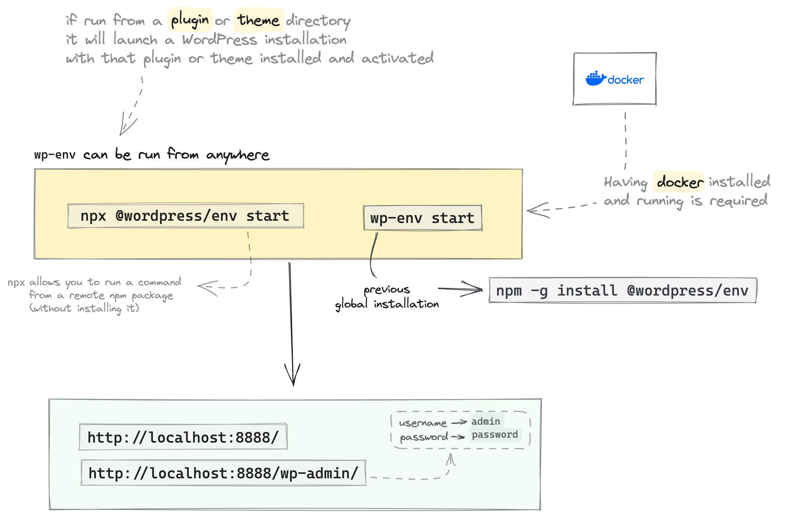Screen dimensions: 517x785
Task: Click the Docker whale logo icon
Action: [596, 79]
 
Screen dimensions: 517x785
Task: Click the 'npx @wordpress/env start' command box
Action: [185, 216]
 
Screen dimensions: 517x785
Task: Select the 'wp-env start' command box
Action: [422, 218]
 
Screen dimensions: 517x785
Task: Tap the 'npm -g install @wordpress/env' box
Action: [622, 290]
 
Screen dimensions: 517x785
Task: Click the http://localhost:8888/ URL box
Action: [183, 437]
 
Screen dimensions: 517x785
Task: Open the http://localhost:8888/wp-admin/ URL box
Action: [223, 473]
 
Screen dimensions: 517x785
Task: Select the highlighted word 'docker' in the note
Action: [679, 182]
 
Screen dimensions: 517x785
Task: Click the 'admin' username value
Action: [486, 421]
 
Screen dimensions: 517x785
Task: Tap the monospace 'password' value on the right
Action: [495, 435]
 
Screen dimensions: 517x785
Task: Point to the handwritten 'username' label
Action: [423, 423]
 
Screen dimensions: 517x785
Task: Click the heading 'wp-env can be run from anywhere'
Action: [151, 154]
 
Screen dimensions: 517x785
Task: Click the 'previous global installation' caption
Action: [387, 297]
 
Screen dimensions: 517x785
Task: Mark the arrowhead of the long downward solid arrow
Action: [293, 380]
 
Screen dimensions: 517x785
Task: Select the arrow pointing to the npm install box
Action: [461, 289]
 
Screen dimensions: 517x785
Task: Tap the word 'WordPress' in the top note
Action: [220, 39]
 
